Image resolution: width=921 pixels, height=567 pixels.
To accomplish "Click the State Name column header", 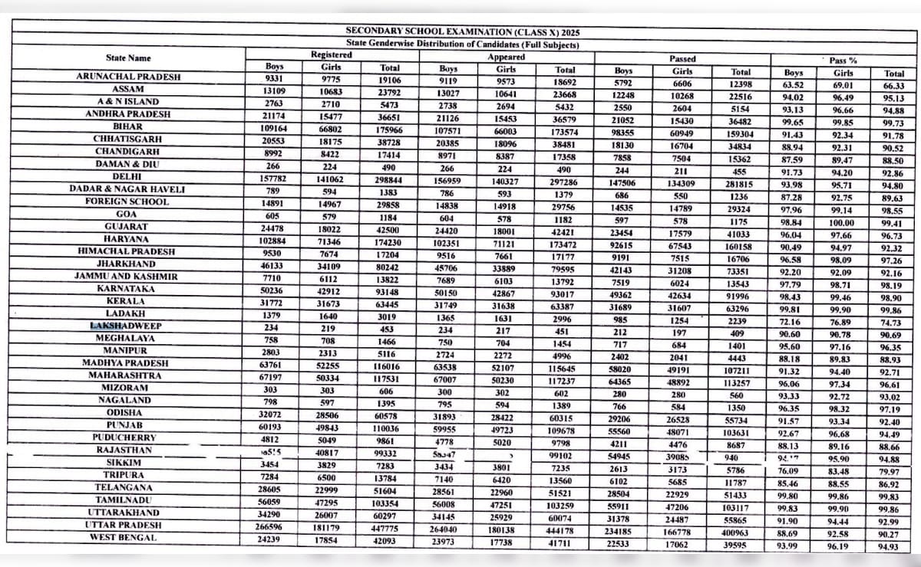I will [x=128, y=58].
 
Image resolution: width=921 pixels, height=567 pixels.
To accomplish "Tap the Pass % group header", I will [x=842, y=59].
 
